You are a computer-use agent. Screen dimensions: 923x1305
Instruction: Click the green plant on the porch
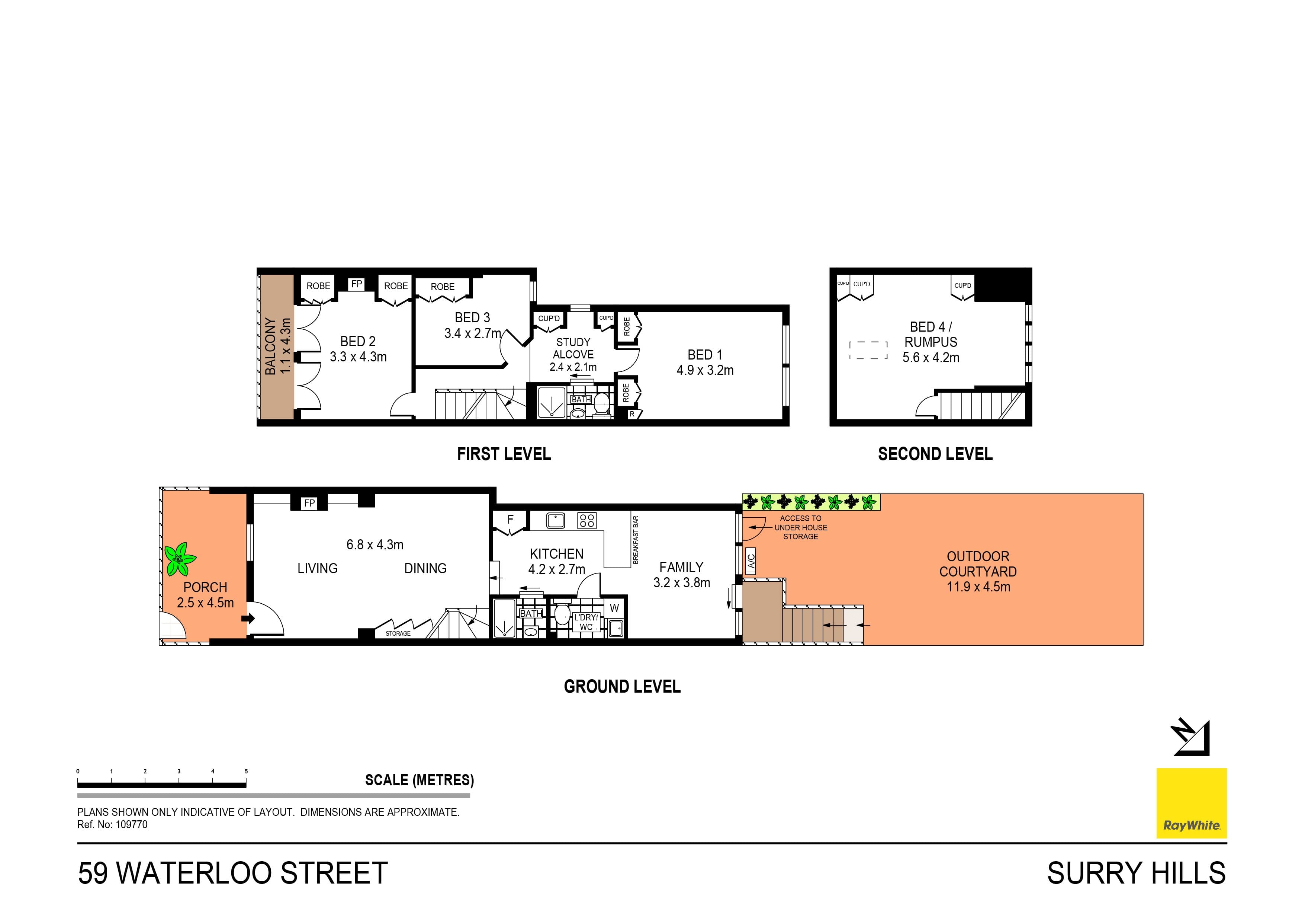pos(180,559)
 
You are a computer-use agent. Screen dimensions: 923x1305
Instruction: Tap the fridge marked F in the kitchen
pos(510,519)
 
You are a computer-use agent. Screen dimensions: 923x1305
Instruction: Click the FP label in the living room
pos(309,503)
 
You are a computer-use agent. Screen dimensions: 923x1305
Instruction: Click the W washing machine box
pos(614,608)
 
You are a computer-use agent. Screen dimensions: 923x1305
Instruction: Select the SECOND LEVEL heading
pos(935,454)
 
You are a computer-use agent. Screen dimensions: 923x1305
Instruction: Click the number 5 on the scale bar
pos(246,771)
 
